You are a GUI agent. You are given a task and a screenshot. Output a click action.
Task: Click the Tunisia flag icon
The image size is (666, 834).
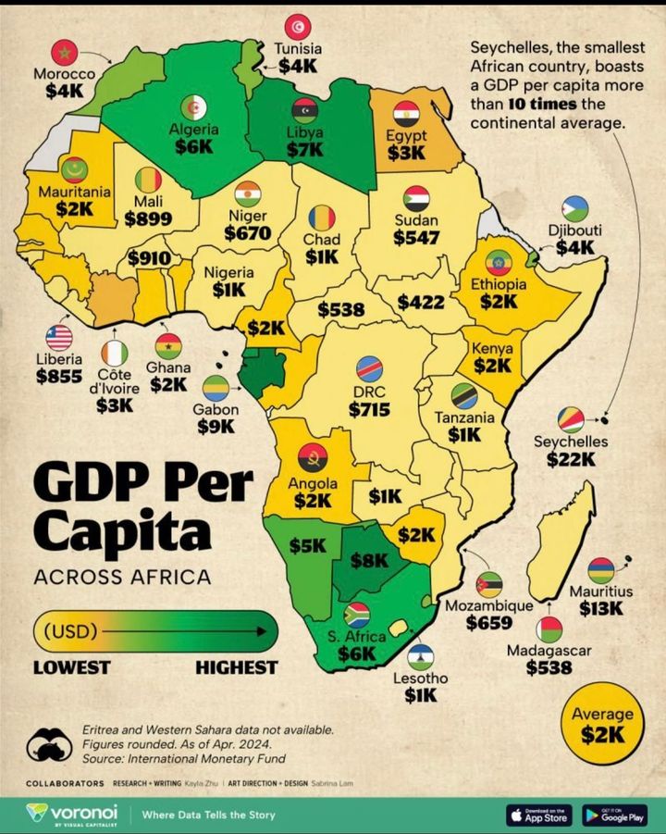(298, 26)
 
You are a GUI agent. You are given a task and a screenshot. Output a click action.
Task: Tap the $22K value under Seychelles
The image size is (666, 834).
(576, 458)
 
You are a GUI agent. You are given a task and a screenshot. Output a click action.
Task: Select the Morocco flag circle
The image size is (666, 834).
(64, 52)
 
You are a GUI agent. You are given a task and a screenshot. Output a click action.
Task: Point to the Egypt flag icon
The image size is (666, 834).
(406, 114)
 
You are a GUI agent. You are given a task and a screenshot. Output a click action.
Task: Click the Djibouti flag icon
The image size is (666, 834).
(574, 209)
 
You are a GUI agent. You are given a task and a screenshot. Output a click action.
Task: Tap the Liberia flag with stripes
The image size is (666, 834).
(59, 338)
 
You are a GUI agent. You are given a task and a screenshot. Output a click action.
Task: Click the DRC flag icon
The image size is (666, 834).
(369, 368)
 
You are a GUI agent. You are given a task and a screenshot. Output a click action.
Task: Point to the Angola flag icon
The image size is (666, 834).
(313, 457)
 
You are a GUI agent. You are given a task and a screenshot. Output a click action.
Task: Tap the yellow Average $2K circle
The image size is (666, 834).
(602, 725)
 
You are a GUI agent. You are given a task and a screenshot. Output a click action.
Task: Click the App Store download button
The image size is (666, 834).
(539, 815)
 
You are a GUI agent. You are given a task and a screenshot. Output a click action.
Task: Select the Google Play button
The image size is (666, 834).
(614, 815)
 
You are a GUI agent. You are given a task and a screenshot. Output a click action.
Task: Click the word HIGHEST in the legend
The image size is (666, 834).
(236, 666)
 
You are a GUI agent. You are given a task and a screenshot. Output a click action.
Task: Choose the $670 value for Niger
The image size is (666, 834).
(247, 232)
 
